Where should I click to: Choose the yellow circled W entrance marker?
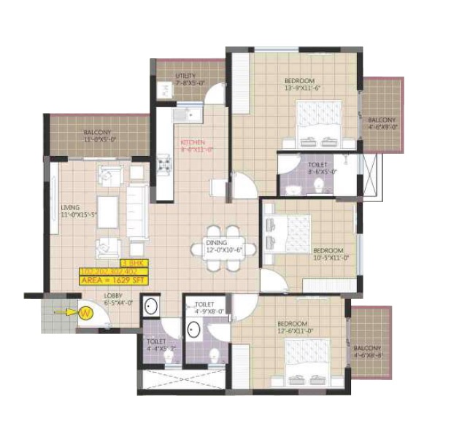coord(86,313)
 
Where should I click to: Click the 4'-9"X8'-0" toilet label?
coord(205,308)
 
